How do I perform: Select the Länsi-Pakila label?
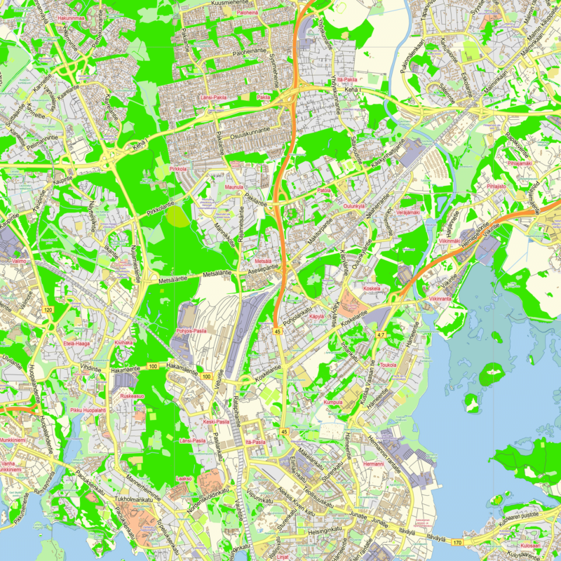pos(215,97)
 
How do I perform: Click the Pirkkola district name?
pos(179,169)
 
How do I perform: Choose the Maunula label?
pos(234,187)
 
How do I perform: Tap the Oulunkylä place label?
pos(355,206)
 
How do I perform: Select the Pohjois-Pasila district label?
pos(191,330)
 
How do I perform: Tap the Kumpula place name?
pos(333,403)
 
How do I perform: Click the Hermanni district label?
pos(374,464)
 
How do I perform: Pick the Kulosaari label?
pos(531,544)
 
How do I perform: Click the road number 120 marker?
pos(48,309)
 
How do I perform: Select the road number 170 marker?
pos(457,542)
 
